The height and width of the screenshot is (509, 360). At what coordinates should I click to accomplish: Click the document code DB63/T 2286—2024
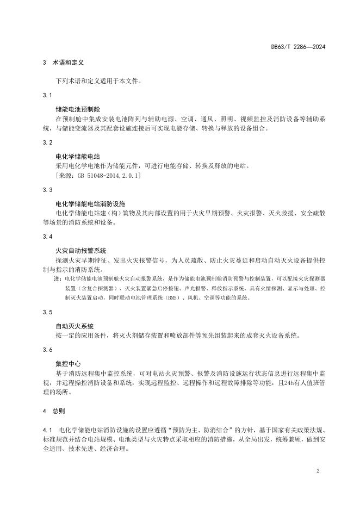click(298, 47)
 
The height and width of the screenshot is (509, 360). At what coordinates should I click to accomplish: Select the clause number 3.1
click(47, 96)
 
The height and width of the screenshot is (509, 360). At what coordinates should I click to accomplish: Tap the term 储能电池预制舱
click(78, 109)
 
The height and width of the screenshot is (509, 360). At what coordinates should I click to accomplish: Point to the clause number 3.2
click(47, 142)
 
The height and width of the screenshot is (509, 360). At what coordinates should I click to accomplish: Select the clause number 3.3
click(47, 190)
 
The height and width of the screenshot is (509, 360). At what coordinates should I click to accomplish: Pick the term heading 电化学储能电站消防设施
click(91, 203)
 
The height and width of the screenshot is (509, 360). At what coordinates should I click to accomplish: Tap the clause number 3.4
click(47, 237)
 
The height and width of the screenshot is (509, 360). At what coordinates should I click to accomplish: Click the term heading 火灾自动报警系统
click(81, 251)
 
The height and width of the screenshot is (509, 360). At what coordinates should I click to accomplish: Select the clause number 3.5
click(47, 312)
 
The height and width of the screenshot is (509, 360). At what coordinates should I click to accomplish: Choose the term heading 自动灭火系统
click(75, 326)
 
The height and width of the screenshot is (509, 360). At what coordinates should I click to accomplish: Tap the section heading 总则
click(58, 412)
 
